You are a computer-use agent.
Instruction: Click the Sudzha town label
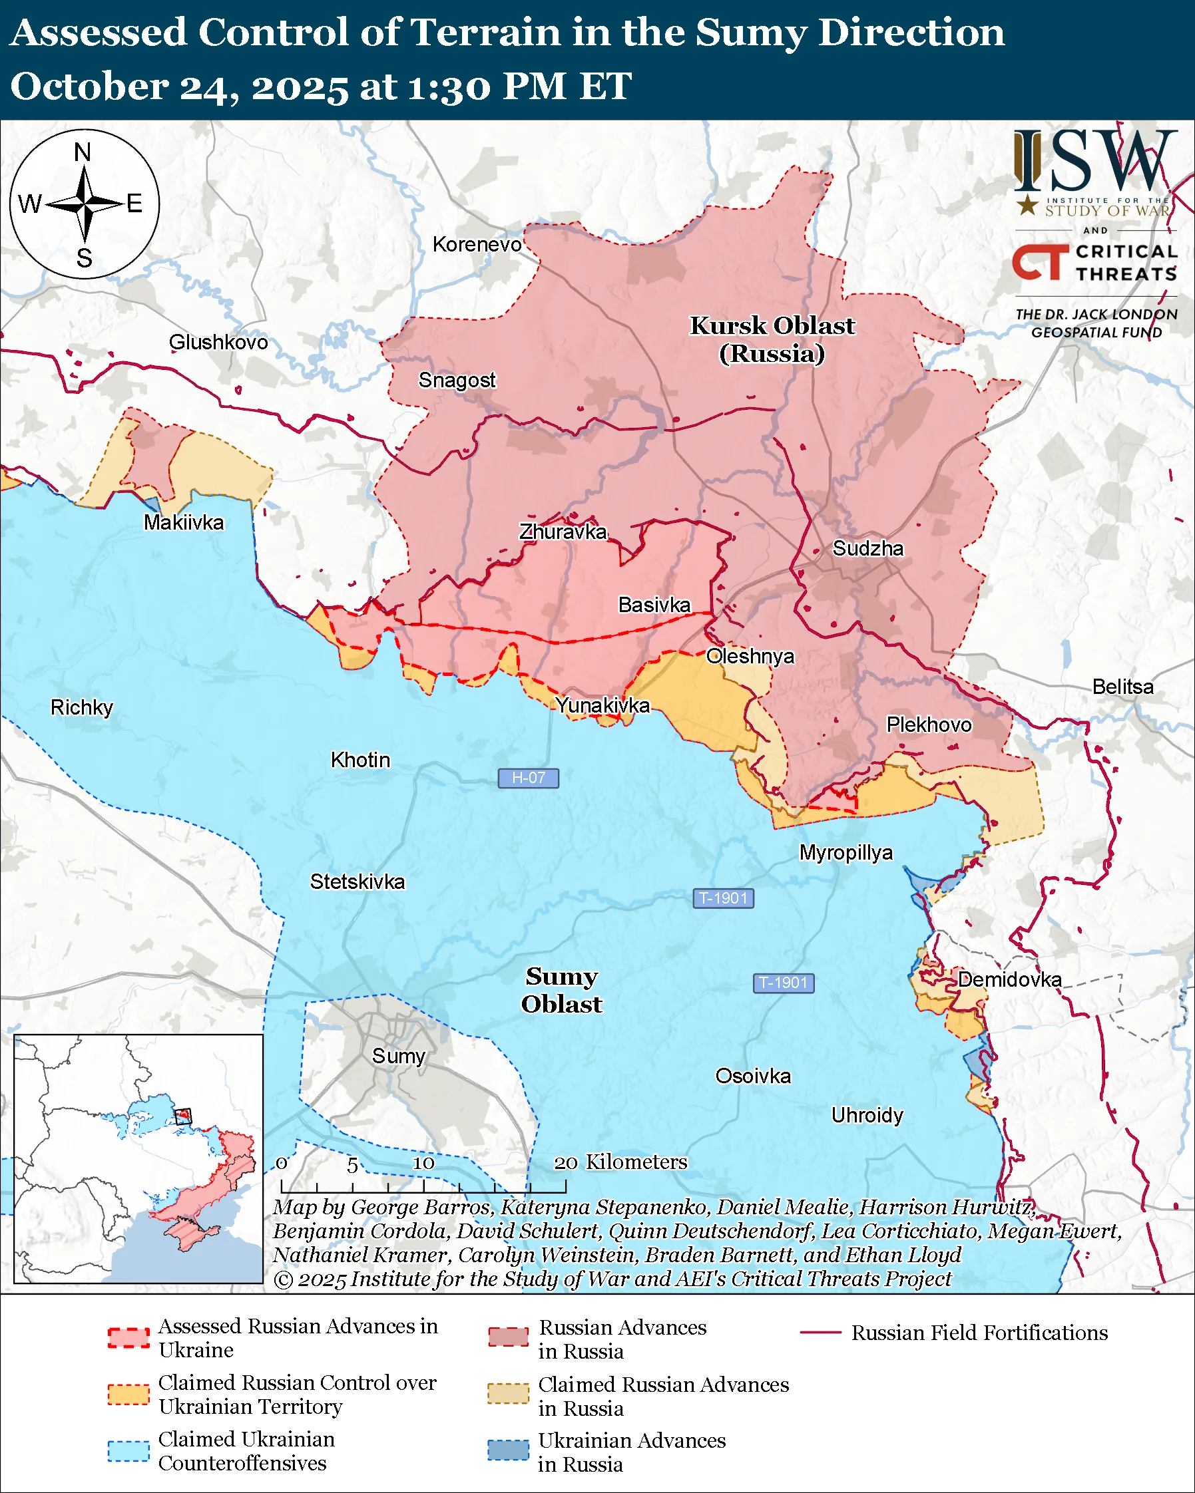(x=867, y=548)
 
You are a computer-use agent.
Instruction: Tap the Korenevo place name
(x=477, y=244)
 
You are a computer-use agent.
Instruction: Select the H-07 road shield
(x=528, y=778)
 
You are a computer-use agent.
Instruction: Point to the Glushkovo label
(x=218, y=342)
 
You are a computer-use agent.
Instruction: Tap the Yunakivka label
(x=602, y=705)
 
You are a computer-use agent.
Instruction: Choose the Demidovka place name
(x=1009, y=979)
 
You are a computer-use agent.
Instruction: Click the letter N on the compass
(x=83, y=152)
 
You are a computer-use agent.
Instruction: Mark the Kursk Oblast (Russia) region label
(x=772, y=339)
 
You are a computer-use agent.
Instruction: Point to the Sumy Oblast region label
(x=561, y=989)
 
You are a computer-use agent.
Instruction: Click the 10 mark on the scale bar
(x=423, y=1163)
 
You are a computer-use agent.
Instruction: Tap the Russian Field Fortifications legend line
(x=820, y=1333)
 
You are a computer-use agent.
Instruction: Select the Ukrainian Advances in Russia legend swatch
(x=508, y=1449)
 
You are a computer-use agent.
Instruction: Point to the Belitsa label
(x=1122, y=687)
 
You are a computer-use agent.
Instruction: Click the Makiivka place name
(x=184, y=522)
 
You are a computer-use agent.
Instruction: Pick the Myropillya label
(x=846, y=852)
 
